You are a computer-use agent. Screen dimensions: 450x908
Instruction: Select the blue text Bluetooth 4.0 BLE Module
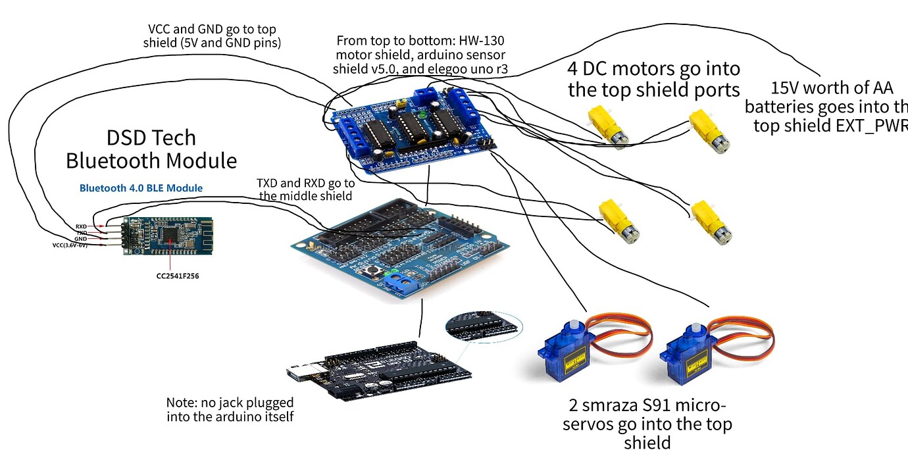pyautogui.click(x=141, y=188)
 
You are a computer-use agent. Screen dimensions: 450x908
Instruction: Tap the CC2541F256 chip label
pyautogui.click(x=173, y=276)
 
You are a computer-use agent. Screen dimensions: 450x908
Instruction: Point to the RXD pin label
pyautogui.click(x=81, y=226)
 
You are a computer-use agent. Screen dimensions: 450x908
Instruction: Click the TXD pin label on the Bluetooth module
pyautogui.click(x=81, y=233)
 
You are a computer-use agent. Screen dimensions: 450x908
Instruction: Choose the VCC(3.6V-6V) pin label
pyautogui.click(x=70, y=245)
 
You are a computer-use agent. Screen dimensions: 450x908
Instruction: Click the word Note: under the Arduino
pyautogui.click(x=182, y=402)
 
